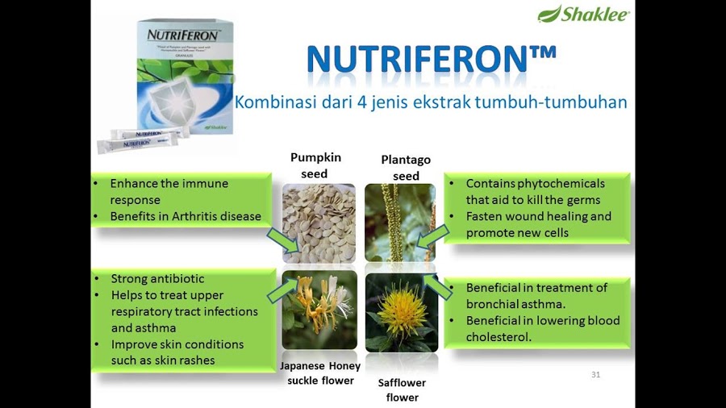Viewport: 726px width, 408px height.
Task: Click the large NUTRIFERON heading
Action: (x=432, y=59)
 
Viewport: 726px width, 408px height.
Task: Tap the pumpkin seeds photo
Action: (x=319, y=222)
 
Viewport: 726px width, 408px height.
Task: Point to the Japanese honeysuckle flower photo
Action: (x=319, y=310)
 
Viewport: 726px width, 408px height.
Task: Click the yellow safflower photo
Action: (x=401, y=311)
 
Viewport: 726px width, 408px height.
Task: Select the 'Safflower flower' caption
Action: (x=402, y=389)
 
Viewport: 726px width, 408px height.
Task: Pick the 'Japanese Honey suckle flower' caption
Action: (x=320, y=373)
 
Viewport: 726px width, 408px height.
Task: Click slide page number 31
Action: (x=596, y=374)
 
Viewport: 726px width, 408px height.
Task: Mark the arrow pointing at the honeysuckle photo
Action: (x=282, y=289)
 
